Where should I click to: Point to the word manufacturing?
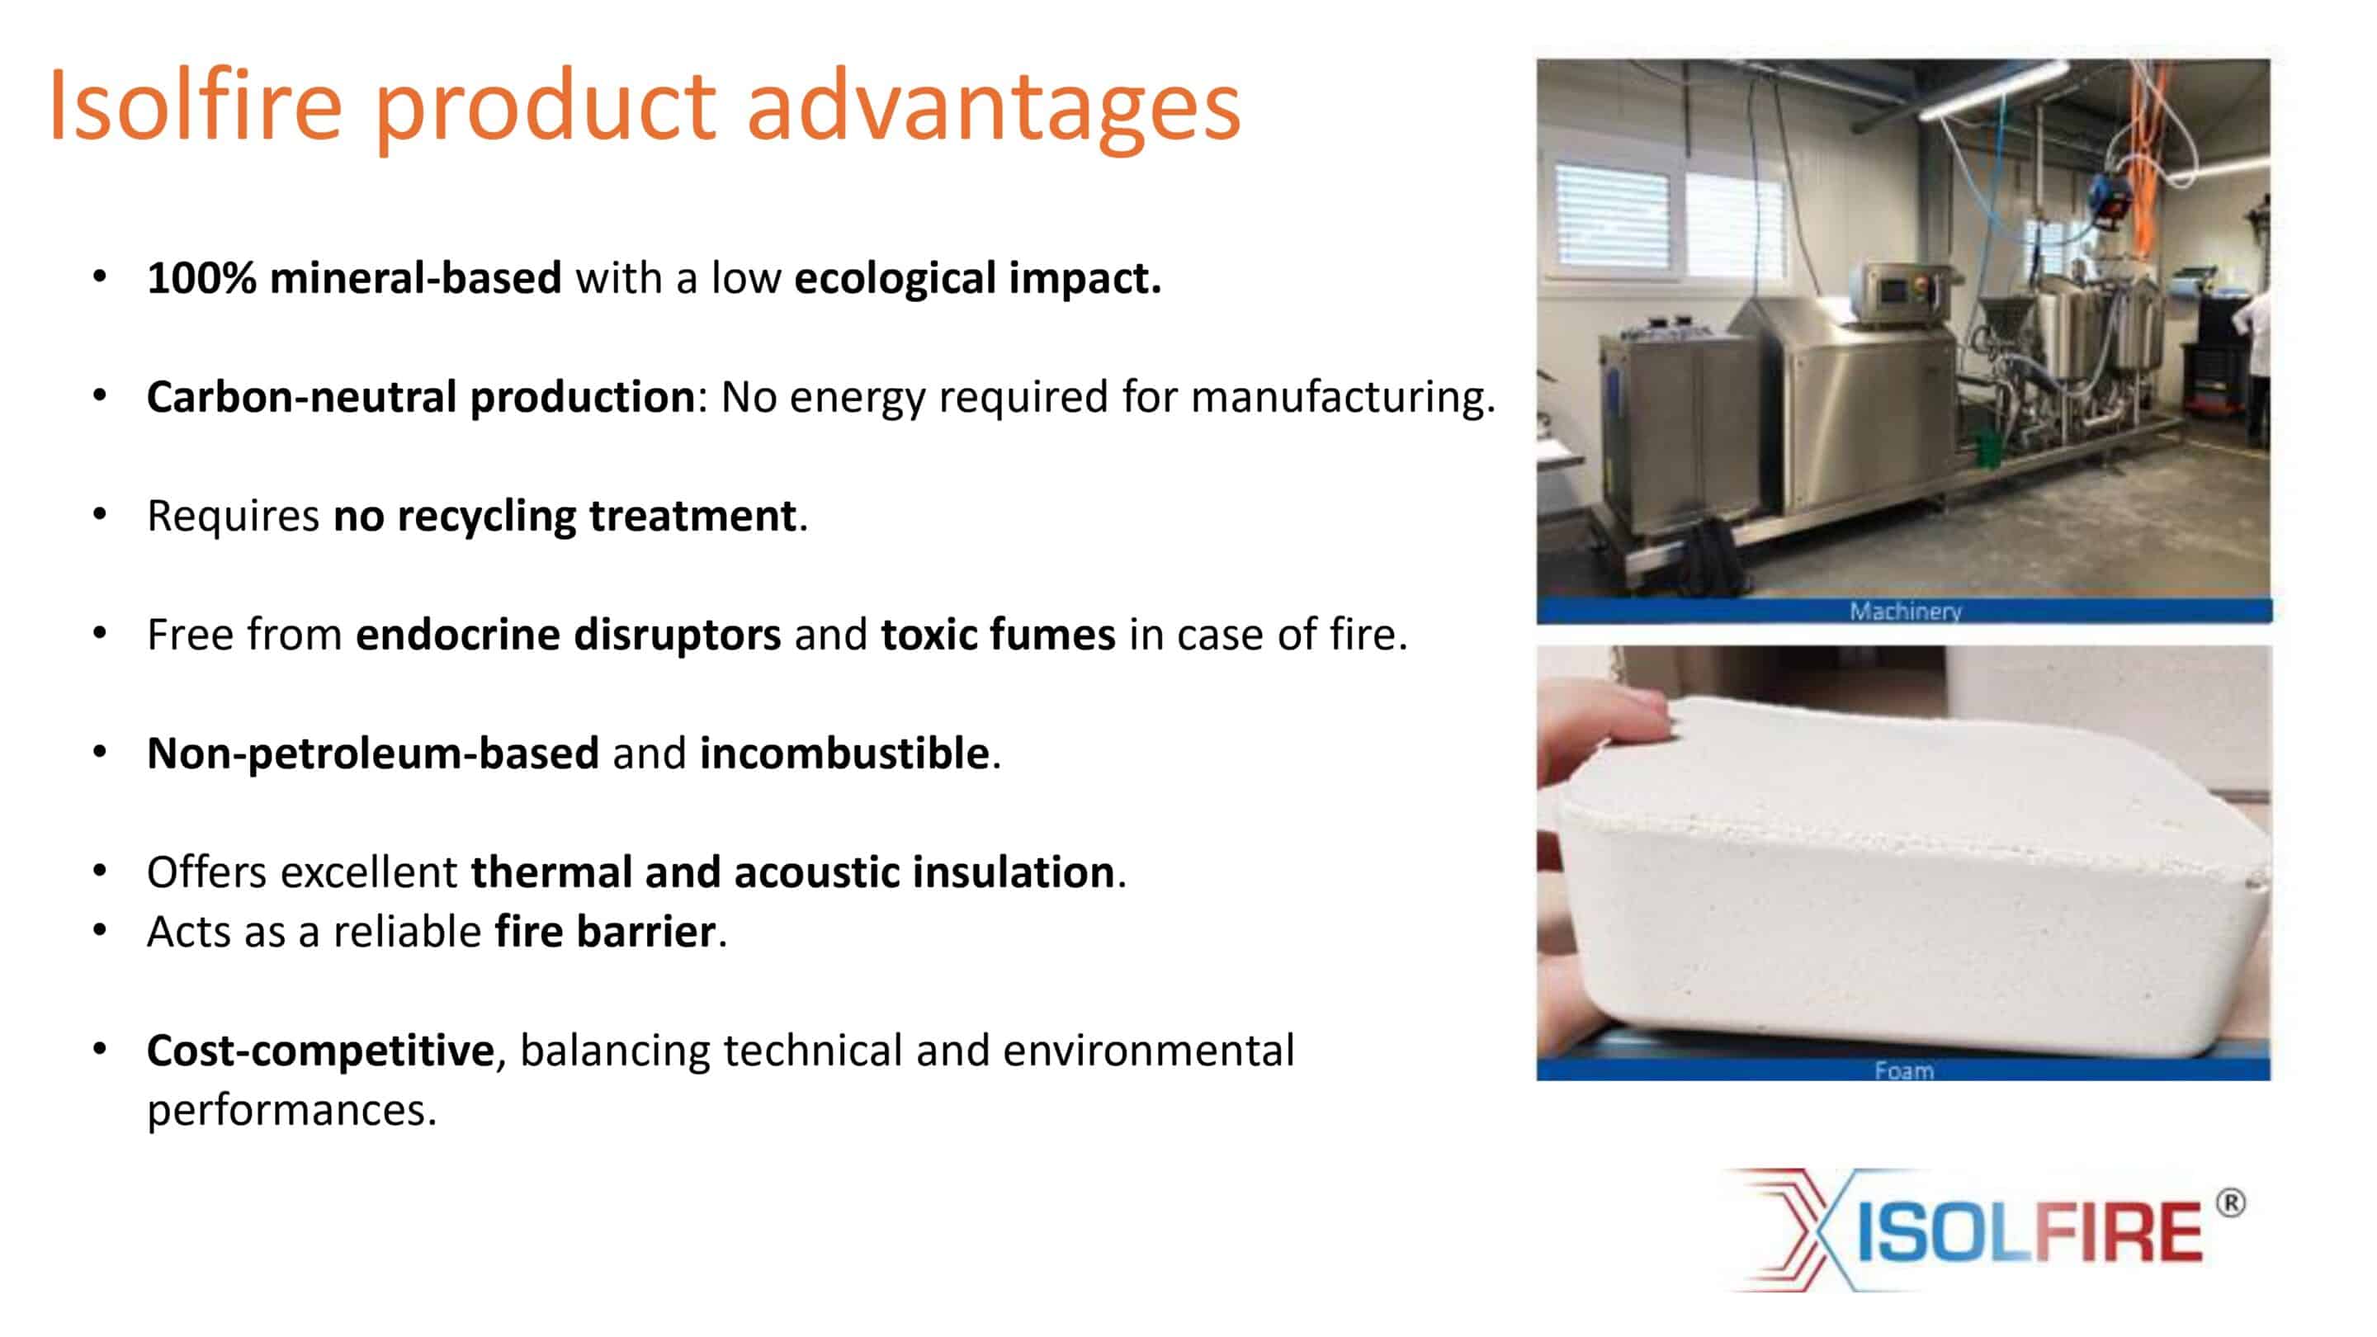[1343, 398]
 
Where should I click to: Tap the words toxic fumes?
[998, 635]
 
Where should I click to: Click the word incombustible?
[844, 753]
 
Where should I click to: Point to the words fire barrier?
[605, 931]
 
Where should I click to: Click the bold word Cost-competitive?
[320, 1051]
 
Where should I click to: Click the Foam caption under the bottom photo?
[1903, 1070]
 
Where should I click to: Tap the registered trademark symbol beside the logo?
[2230, 1203]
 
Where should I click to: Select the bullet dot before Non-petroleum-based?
[100, 752]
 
